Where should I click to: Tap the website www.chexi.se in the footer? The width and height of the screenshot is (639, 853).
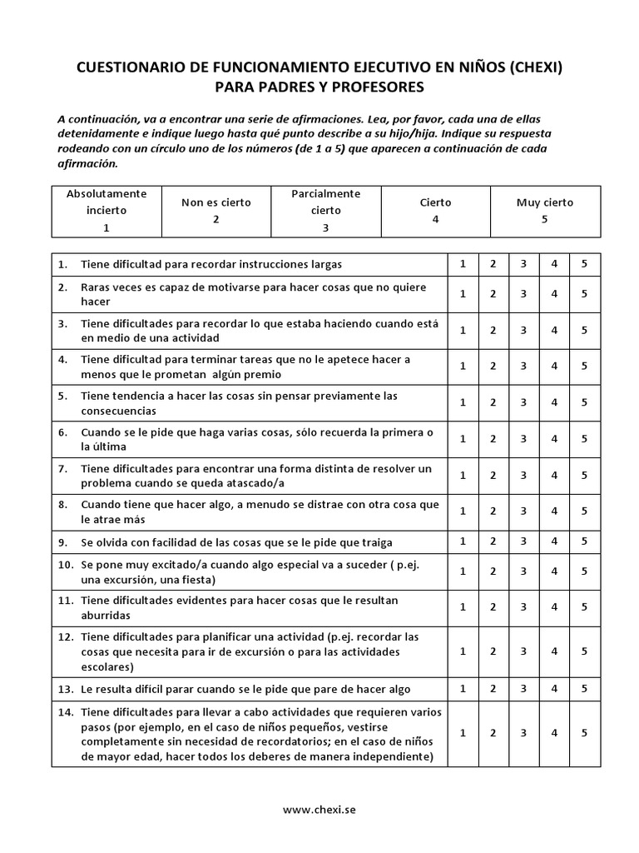click(319, 809)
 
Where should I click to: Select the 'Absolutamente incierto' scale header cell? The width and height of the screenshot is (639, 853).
click(106, 210)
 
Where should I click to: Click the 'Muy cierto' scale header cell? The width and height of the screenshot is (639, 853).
click(544, 210)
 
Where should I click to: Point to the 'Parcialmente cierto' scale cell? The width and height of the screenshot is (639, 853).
click(325, 210)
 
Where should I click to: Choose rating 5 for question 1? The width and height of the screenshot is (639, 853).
click(584, 264)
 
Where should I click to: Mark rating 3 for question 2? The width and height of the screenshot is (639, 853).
click(523, 293)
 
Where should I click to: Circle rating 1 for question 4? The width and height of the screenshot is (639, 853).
click(463, 366)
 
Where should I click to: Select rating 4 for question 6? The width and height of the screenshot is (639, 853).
click(554, 438)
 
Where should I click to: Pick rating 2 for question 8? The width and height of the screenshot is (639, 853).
click(493, 511)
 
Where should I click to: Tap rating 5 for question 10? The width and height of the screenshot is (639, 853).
click(584, 571)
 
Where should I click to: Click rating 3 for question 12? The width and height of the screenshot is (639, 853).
click(523, 651)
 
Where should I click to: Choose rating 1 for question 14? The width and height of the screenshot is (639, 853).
click(463, 733)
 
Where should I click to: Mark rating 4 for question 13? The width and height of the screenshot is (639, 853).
click(554, 689)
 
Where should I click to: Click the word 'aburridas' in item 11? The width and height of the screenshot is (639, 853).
click(106, 616)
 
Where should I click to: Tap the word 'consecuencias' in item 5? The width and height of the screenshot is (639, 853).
click(118, 412)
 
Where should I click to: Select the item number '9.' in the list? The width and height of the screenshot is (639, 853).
click(62, 542)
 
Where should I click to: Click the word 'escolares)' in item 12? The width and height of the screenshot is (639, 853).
click(109, 667)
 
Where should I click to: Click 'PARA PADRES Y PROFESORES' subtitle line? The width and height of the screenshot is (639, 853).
click(319, 87)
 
